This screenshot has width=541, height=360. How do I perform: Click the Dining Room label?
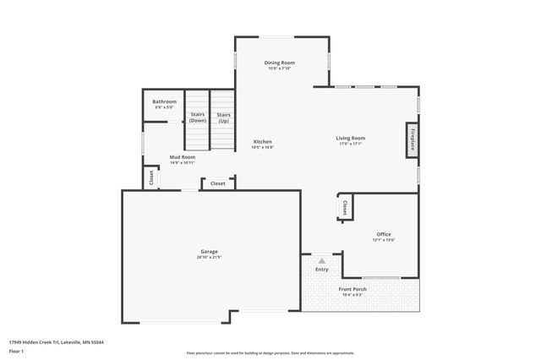pyautogui.click(x=279, y=63)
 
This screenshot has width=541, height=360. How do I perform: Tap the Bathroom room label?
pyautogui.click(x=164, y=101)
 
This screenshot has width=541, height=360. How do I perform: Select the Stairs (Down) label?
pyautogui.click(x=198, y=117)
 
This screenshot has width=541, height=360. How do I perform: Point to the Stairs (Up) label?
pyautogui.click(x=223, y=117)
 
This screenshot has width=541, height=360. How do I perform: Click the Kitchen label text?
pyautogui.click(x=262, y=141)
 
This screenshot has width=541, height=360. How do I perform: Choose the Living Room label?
pyautogui.click(x=350, y=138)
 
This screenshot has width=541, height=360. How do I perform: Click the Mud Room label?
pyautogui.click(x=182, y=157)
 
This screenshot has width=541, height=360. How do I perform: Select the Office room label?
pyautogui.click(x=384, y=234)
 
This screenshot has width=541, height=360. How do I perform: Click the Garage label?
pyautogui.click(x=209, y=251)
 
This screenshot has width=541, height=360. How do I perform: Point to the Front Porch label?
pyautogui.click(x=352, y=289)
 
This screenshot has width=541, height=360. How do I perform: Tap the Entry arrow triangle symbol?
pyautogui.click(x=322, y=262)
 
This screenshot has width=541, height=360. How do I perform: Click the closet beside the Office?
pyautogui.click(x=345, y=207)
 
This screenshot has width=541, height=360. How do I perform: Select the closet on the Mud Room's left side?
pyautogui.click(x=151, y=178)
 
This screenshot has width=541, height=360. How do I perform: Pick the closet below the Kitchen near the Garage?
pyautogui.click(x=217, y=183)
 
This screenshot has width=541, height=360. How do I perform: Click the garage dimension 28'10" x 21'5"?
pyautogui.click(x=209, y=257)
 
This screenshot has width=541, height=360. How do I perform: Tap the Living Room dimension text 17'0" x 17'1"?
pyautogui.click(x=350, y=144)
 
